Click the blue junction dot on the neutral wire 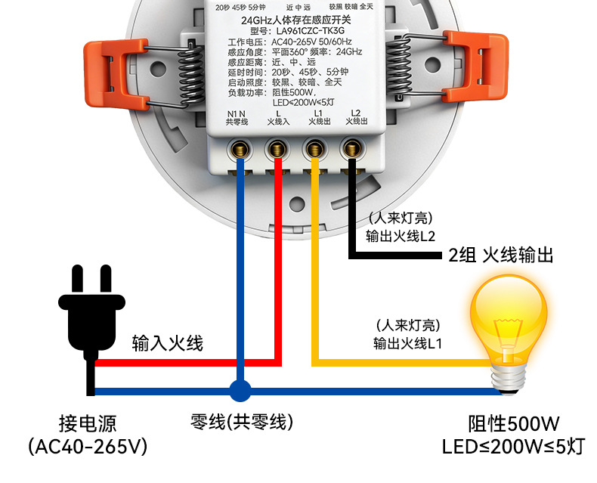(x=240, y=391)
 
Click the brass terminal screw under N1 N (x=240, y=147)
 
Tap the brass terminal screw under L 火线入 (x=277, y=147)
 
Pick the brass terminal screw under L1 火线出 (x=314, y=147)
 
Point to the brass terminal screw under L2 (x=351, y=147)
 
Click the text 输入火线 (x=168, y=343)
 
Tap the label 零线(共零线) (x=242, y=420)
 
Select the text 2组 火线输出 (x=501, y=255)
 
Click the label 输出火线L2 (x=401, y=235)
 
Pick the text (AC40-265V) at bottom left (x=88, y=447)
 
